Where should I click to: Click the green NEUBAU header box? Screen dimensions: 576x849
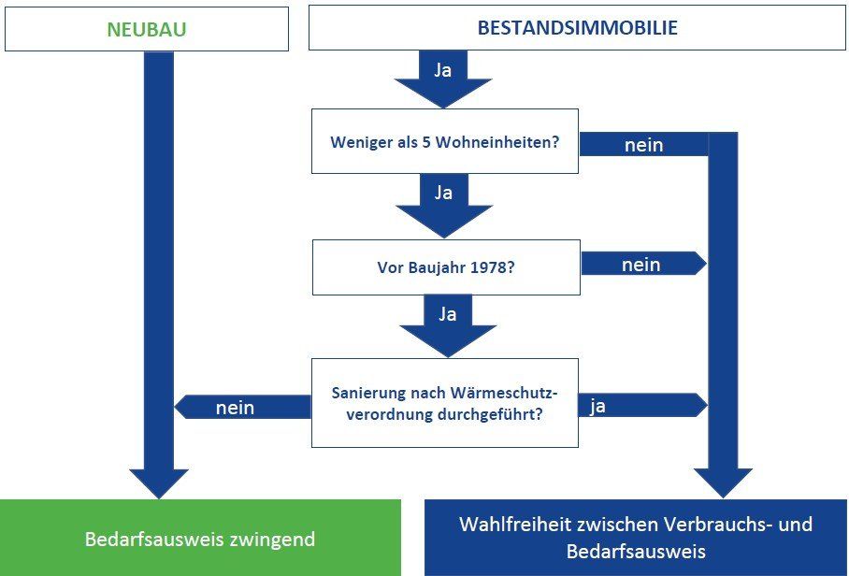[x=146, y=29]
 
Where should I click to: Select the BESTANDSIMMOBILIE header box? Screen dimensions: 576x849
[x=577, y=28]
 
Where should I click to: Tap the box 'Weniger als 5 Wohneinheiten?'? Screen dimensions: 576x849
[x=444, y=142]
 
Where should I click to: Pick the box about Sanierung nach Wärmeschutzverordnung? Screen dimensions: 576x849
[x=444, y=402]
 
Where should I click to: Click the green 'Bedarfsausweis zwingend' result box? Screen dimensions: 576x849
[x=200, y=539]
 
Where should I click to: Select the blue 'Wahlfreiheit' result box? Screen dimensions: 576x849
[x=635, y=538]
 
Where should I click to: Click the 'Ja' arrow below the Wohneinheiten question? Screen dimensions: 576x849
[x=443, y=202]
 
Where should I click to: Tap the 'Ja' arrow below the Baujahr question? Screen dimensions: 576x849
[x=447, y=324]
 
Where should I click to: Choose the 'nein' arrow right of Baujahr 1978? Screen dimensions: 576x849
[x=642, y=265]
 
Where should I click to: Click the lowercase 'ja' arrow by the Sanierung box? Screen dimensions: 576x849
[x=640, y=406]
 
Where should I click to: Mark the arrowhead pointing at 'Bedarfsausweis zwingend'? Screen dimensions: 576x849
[x=158, y=482]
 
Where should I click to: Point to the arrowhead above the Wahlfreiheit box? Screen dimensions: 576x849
[x=722, y=482]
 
